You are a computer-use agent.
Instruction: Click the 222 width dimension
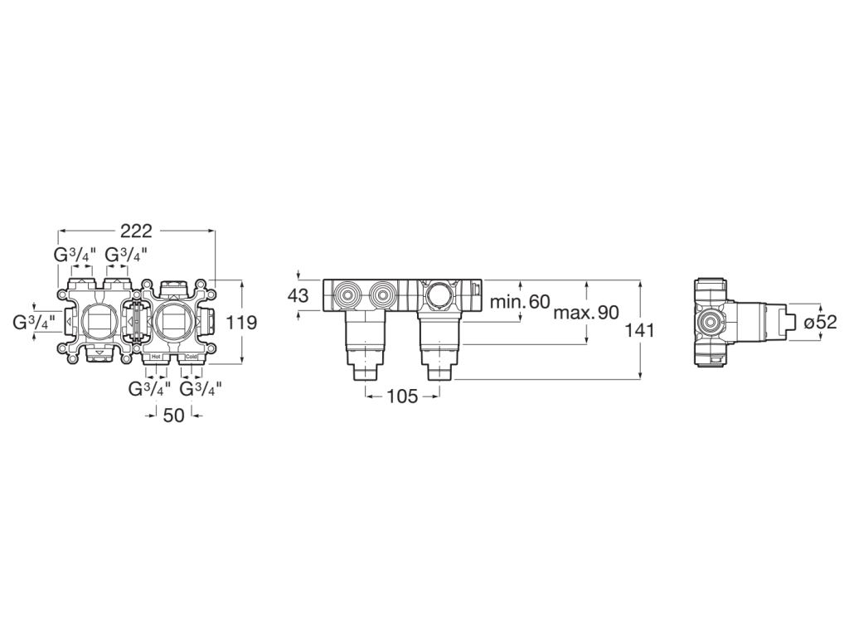coord(136,232)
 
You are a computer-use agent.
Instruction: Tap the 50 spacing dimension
coord(173,416)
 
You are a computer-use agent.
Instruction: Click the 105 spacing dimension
coord(402,397)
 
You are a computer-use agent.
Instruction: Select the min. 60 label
coord(519,302)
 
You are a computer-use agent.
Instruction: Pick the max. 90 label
coord(586,313)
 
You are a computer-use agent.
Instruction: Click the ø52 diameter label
coord(821,322)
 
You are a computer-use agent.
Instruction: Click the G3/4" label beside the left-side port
coord(34,322)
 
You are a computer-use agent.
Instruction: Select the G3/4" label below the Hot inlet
coord(149,387)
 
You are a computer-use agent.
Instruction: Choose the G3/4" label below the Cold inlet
coord(201,387)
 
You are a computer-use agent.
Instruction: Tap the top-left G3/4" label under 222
coord(75,255)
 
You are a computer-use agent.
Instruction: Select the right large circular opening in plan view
coord(172,322)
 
